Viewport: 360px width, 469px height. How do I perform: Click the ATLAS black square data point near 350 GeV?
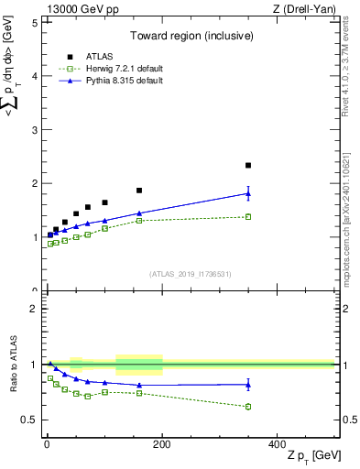248,166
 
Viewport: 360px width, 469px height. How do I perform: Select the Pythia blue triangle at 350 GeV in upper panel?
248,193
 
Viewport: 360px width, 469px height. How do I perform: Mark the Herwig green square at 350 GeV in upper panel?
248,217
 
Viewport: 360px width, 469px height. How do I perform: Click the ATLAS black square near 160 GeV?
139,191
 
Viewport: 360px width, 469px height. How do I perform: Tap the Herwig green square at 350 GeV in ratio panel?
248,407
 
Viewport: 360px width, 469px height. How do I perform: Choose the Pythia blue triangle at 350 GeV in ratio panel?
248,385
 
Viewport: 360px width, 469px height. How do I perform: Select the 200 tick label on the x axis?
162,443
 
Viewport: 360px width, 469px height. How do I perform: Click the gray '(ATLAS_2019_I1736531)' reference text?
191,274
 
